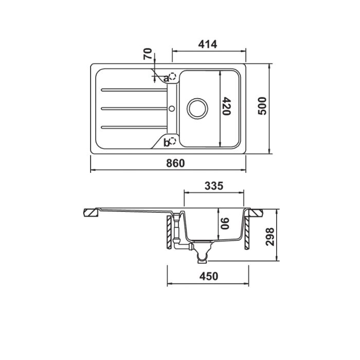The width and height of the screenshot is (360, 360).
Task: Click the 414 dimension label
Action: coord(208,44)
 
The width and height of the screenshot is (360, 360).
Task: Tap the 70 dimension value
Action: coord(148,53)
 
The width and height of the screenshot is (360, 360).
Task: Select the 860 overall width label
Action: coord(175,163)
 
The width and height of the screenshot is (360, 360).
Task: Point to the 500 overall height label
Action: coord(262,106)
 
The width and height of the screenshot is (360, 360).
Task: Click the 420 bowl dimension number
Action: coord(226,106)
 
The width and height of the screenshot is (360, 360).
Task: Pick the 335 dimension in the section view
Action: coord(214,186)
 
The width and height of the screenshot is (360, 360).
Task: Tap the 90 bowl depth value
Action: coord(225,223)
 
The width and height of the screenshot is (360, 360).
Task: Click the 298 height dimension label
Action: coord(270,237)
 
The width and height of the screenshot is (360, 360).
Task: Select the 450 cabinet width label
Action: coord(209,276)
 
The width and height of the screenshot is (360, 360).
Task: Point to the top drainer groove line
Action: coord(134,90)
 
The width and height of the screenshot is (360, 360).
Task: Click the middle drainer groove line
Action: coord(134,109)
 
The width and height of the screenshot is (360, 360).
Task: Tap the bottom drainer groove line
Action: coord(134,127)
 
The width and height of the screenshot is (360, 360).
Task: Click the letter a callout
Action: coord(166,79)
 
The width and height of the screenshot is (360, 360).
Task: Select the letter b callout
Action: coord(166,143)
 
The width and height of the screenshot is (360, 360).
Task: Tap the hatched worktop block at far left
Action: coord(91,212)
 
